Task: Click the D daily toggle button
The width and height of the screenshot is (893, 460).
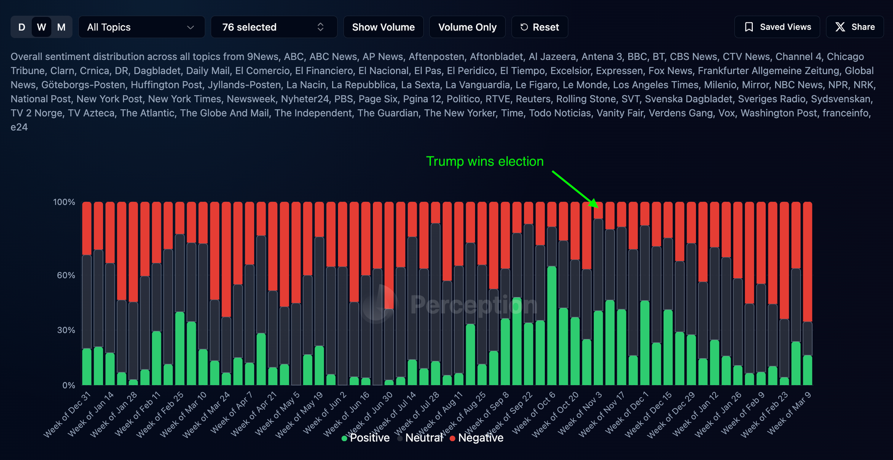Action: tap(21, 27)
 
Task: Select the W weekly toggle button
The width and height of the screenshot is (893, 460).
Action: tap(42, 27)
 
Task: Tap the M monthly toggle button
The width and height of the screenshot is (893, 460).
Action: tap(62, 27)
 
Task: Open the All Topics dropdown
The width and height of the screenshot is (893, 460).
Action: tap(141, 27)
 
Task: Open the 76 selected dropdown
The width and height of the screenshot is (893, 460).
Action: tap(273, 27)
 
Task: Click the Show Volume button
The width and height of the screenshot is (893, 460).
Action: tap(383, 27)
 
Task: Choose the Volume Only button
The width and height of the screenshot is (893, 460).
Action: tap(467, 27)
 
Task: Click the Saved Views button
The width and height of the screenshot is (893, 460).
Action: tap(777, 27)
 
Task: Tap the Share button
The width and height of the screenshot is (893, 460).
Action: tap(855, 27)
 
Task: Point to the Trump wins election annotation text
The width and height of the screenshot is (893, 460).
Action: tap(485, 161)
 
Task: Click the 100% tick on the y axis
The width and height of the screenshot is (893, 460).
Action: tap(64, 202)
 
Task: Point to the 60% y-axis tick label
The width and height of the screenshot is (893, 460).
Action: tap(66, 275)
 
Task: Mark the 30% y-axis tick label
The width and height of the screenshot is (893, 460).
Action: tap(66, 330)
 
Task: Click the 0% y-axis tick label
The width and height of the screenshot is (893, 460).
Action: tap(68, 385)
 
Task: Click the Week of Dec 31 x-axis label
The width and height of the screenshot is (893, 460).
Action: tap(68, 414)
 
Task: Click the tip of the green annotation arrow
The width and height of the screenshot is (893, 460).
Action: tap(597, 207)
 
